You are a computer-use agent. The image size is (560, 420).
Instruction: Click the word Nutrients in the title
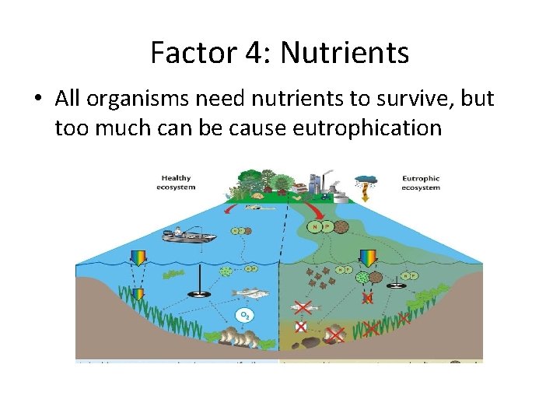(345, 53)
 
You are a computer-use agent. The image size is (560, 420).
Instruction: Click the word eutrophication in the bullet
(367, 127)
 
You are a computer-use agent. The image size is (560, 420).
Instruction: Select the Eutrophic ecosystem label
(421, 183)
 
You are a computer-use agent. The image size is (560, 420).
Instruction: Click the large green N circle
(314, 227)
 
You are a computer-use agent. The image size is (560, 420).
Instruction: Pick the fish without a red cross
(250, 293)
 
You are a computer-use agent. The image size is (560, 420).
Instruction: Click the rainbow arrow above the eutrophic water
(369, 257)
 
